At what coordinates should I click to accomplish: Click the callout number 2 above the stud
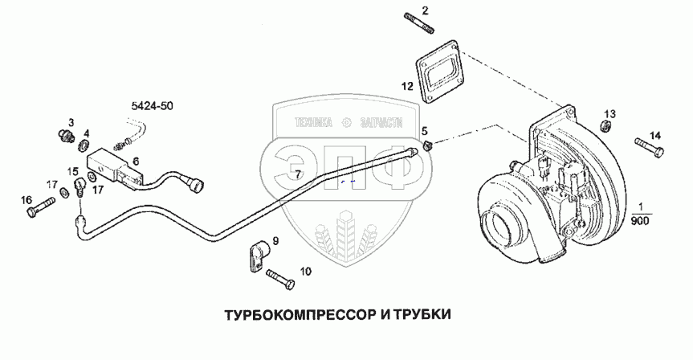coord(426,10)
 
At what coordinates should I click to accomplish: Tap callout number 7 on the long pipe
coord(298,174)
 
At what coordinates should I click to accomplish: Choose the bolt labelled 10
coord(279,279)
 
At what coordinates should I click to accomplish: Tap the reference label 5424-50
coord(152,105)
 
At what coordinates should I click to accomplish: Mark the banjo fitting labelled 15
coord(80,187)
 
